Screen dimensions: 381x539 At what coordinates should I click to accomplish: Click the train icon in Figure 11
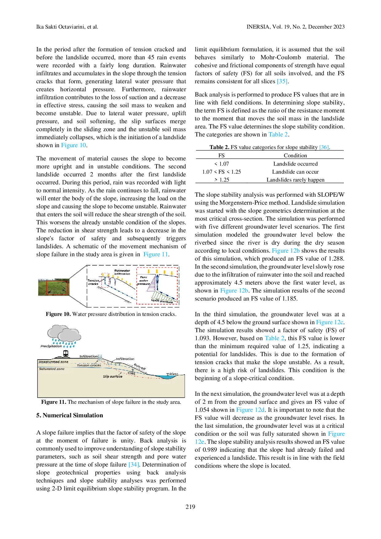coord(65,354)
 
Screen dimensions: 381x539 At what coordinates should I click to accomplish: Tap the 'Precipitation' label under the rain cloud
coord(51,346)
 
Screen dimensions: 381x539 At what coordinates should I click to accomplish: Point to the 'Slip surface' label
coord(113,376)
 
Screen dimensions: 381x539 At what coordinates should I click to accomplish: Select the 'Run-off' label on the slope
coord(139,367)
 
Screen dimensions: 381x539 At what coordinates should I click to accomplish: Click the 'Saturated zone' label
coord(52,369)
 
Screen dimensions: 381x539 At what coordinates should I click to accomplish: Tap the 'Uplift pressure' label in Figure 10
coord(162,301)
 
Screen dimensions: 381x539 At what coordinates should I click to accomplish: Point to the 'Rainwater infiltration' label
coord(122,272)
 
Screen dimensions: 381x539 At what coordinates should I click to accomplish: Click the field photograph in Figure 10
coord(54,287)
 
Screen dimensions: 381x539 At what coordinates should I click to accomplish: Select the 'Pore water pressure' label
coord(143,281)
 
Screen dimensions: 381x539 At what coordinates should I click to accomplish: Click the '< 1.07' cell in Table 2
coord(222,164)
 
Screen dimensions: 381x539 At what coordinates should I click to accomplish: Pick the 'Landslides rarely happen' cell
coord(295,180)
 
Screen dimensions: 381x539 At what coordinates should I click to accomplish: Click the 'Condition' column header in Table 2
coord(295,155)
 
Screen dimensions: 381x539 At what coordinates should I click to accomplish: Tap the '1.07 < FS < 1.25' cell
coord(222,172)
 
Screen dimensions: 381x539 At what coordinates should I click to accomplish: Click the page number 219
coord(190,507)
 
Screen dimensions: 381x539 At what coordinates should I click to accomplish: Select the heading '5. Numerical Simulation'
coord(70,415)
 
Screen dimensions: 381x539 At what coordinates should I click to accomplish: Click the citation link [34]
coord(134,464)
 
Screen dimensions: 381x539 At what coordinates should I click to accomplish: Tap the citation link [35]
coord(282,81)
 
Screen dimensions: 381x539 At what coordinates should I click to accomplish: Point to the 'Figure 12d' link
coord(250,410)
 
